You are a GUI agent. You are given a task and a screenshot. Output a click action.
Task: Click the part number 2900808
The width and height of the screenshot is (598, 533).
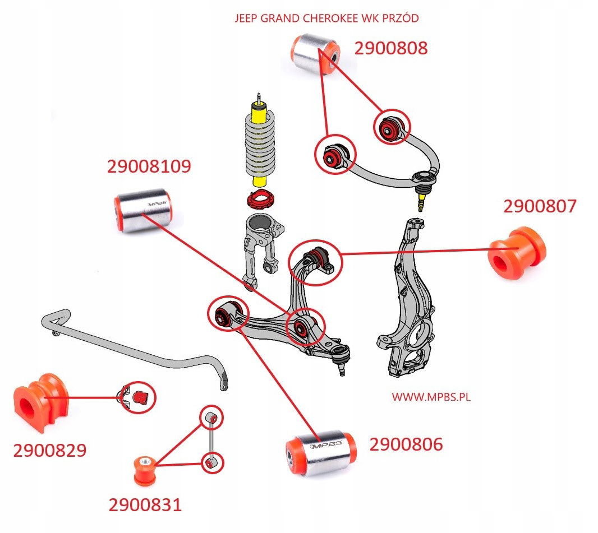click(391, 48)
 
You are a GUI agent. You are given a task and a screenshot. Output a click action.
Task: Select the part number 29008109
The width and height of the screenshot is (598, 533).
click(149, 166)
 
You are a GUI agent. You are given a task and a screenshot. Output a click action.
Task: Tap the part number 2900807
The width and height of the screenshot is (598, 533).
click(540, 206)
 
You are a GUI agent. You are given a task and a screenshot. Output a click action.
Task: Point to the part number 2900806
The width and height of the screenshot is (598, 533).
click(406, 444)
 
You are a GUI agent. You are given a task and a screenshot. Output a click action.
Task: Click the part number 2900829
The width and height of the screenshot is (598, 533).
click(49, 450)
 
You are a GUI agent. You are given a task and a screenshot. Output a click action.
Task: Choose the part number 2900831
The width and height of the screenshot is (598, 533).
click(145, 505)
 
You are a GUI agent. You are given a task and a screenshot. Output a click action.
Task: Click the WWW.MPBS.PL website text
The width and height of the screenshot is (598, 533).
click(431, 397)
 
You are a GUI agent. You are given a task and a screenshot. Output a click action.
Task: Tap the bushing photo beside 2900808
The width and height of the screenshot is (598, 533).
click(315, 54)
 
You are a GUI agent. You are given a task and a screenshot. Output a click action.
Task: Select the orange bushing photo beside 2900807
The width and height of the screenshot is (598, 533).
click(517, 253)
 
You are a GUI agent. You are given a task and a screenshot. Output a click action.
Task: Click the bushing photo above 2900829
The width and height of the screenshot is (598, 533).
click(41, 402)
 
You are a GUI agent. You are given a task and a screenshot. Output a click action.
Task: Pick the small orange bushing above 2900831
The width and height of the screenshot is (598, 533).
click(145, 470)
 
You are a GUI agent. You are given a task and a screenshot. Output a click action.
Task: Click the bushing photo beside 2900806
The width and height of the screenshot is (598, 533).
click(321, 453)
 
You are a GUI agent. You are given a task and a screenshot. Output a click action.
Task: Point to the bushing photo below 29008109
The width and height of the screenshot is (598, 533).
click(144, 210)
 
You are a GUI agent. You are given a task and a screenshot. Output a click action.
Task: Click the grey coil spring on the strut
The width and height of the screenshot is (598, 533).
click(260, 147)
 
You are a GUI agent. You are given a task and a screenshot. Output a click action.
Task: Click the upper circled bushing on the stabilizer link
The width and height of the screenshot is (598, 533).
click(212, 418)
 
